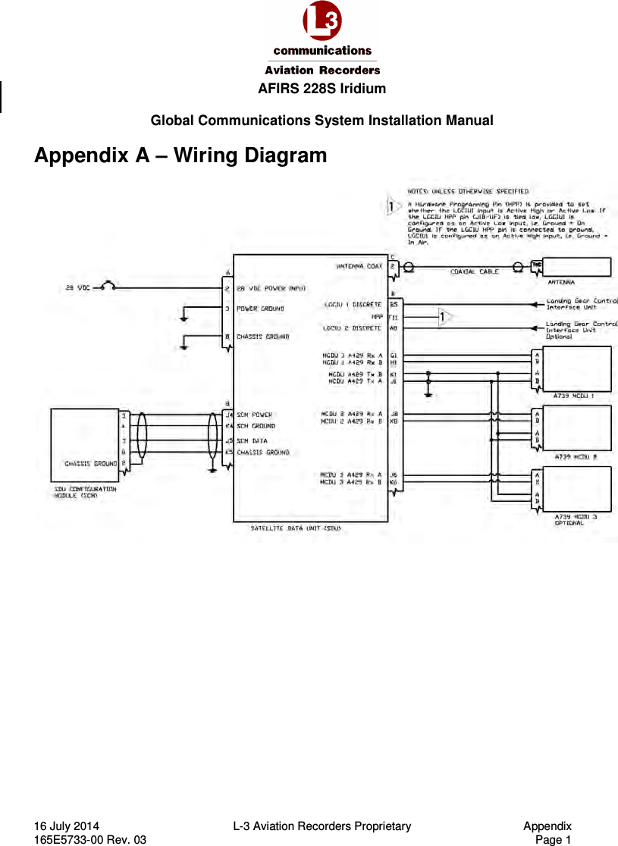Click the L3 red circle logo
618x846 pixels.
(x=322, y=22)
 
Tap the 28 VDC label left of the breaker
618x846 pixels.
(x=74, y=287)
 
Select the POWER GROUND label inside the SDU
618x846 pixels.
(x=260, y=309)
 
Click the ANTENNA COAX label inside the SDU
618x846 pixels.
(x=359, y=266)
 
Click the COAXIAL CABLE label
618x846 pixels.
(x=475, y=271)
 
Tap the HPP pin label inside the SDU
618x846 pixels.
(x=376, y=316)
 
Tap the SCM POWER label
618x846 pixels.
(x=254, y=415)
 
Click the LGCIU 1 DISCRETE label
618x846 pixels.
(x=352, y=304)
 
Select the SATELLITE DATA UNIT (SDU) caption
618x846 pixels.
(x=296, y=528)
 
